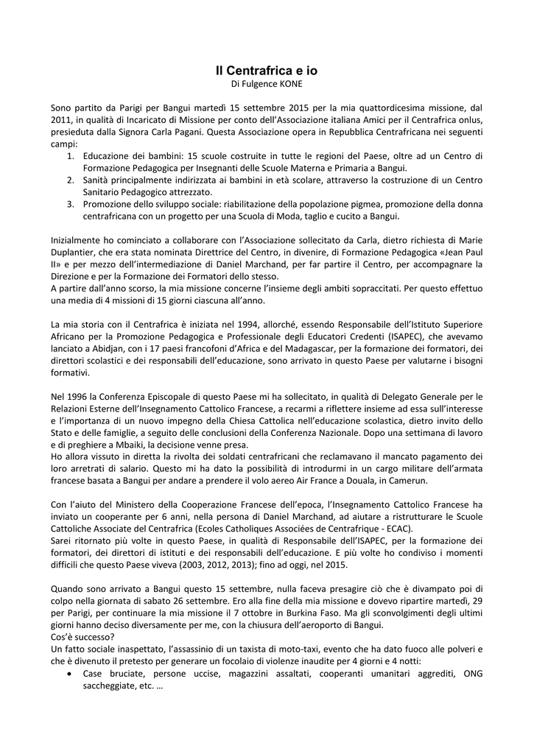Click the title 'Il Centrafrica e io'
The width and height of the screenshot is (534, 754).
point(267,71)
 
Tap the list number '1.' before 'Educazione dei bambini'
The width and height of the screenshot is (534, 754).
point(70,156)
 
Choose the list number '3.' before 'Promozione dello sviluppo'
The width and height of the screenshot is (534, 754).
point(70,204)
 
